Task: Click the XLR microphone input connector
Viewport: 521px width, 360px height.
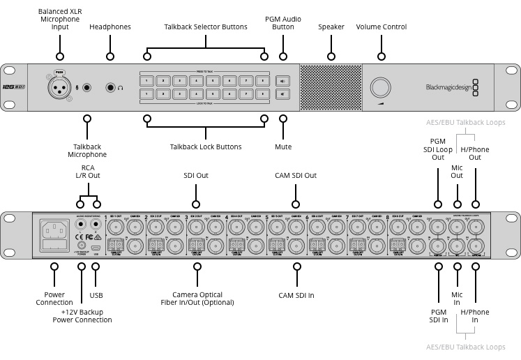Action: (x=60, y=87)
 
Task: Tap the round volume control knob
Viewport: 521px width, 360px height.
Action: (x=381, y=87)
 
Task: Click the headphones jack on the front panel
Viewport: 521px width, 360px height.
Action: (x=110, y=87)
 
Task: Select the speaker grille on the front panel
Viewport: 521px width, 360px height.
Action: (x=331, y=87)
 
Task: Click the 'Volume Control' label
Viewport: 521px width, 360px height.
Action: (x=382, y=27)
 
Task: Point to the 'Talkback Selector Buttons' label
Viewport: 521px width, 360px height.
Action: (x=205, y=27)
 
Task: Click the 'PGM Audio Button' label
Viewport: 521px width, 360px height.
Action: (x=284, y=22)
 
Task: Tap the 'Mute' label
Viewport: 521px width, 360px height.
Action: (x=283, y=147)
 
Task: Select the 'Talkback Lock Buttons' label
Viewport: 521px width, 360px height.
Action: (x=205, y=147)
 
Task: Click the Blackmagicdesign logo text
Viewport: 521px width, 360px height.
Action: (x=446, y=87)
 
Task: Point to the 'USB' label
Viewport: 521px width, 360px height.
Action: (x=96, y=295)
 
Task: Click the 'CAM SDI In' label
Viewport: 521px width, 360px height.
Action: (x=296, y=295)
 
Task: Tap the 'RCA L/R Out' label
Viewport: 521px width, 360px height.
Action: (x=88, y=172)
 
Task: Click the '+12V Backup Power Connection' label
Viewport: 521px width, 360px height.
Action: (x=82, y=315)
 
